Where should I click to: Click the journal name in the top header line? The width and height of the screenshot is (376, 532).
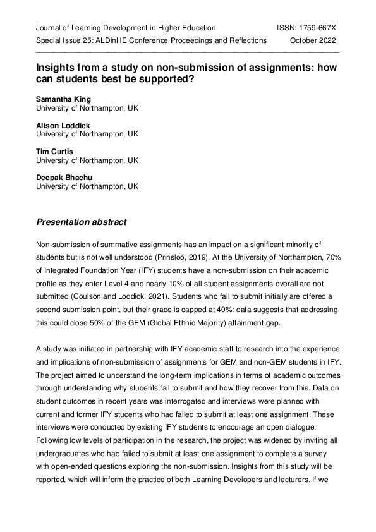tap(126, 28)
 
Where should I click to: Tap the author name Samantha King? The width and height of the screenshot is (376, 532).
tap(64, 100)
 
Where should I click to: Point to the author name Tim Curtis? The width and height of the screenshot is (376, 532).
tap(54, 152)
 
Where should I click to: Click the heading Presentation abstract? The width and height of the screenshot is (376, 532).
tap(81, 222)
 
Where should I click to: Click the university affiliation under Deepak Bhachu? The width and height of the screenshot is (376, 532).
tap(87, 186)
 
